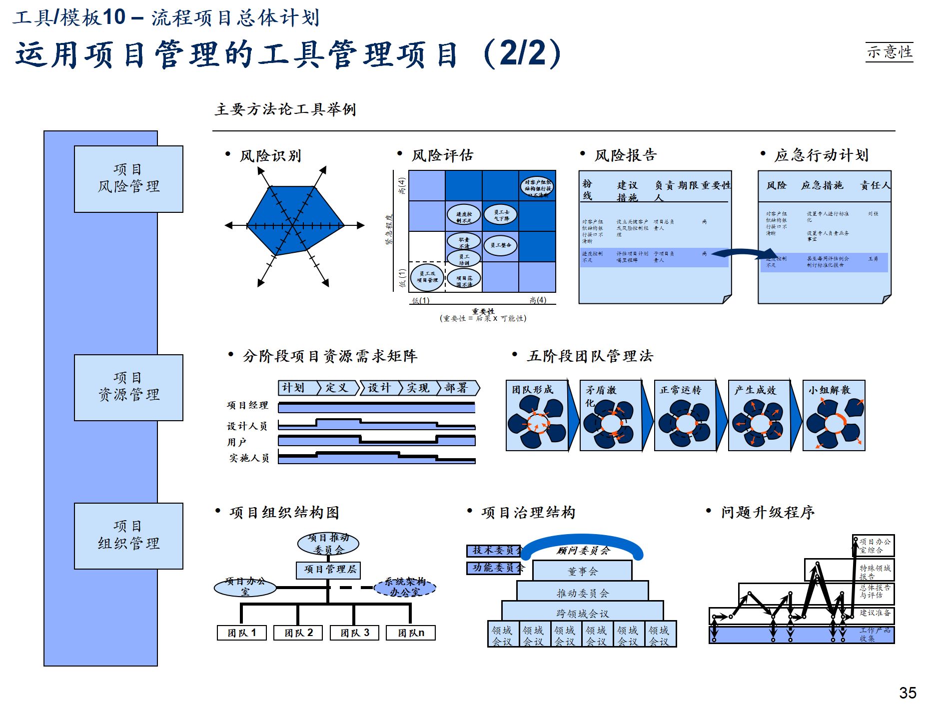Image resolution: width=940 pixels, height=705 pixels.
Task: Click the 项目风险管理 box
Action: coord(128,179)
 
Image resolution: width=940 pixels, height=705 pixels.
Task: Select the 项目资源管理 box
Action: coord(128,387)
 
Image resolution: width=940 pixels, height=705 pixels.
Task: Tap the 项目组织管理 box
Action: coord(128,536)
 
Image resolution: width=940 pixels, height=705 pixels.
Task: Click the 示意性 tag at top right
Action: coord(889,52)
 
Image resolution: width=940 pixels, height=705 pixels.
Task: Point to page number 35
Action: coord(908,693)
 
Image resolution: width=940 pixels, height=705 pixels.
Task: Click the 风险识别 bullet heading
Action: coord(270,156)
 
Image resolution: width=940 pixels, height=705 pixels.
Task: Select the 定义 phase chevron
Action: coord(338,388)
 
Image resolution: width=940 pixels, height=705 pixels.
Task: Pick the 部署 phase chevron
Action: coord(457,388)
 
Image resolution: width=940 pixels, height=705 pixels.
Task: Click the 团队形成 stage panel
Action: coord(537,416)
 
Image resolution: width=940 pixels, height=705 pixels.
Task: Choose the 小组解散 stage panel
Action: coord(834,416)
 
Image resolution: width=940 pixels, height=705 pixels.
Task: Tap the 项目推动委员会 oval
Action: coord(328,544)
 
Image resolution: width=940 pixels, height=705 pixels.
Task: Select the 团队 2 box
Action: coord(298,633)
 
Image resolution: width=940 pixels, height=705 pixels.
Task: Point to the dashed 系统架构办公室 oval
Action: coord(405,587)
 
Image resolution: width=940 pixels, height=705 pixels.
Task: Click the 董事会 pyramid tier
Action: coord(582,571)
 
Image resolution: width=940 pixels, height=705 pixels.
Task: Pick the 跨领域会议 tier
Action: coord(582,613)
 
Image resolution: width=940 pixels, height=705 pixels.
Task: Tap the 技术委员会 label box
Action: coord(494,550)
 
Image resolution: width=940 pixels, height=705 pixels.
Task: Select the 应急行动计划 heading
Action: coord(821,155)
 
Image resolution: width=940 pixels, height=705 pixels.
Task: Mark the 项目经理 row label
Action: coord(247,405)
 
